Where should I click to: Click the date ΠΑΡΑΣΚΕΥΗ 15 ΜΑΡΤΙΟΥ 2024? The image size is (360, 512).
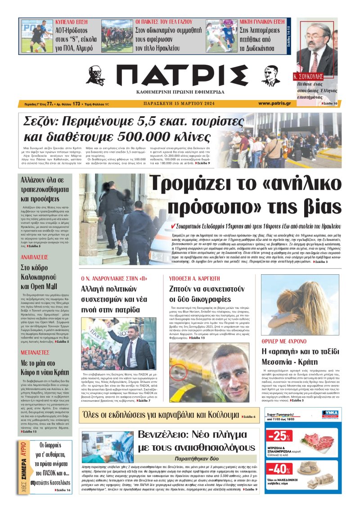coord(179,104)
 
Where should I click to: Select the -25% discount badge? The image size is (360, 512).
coord(278,436)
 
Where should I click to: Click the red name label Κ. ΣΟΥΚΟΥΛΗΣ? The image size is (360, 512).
coord(308,76)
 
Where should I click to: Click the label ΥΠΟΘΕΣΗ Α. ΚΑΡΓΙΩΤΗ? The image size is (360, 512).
coord(194,277)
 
